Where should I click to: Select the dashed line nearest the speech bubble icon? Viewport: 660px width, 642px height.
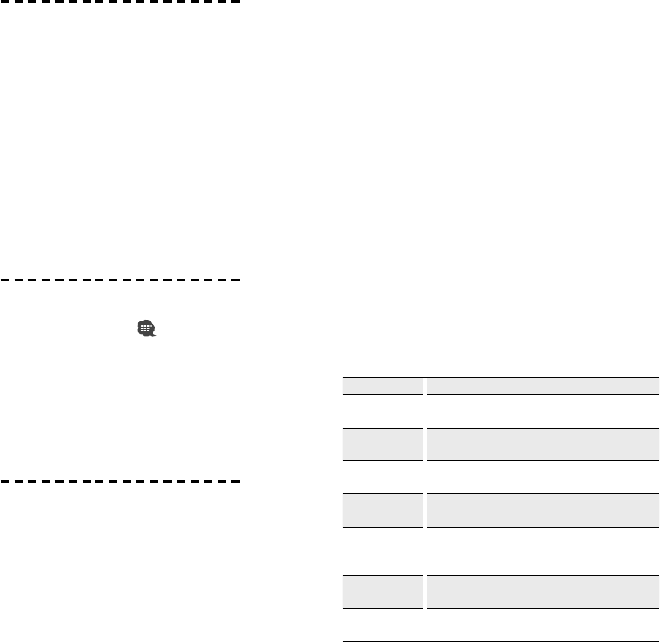point(122,280)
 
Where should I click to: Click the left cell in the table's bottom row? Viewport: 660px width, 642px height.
point(383,625)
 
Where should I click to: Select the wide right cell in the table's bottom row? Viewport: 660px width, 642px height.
point(541,625)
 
